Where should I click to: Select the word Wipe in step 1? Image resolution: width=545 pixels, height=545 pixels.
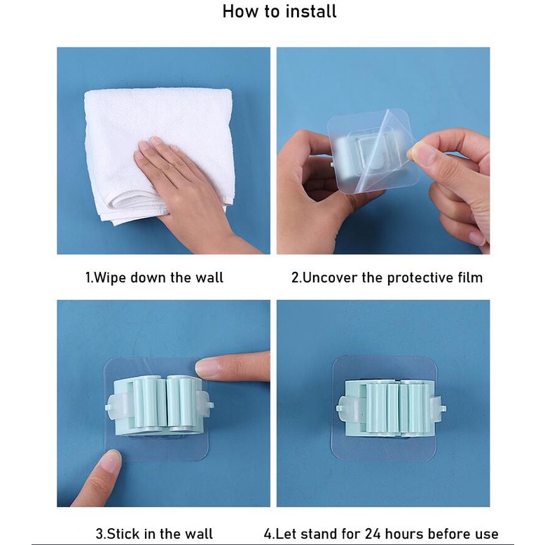coord(110,278)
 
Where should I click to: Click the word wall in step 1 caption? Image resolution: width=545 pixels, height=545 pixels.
coord(209,277)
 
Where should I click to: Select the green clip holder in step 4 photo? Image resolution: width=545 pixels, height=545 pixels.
coord(392,409)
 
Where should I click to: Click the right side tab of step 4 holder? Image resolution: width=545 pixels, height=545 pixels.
coord(438,408)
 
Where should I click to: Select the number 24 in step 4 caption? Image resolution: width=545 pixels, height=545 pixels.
coord(373,534)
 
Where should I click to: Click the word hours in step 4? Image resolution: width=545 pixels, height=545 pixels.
coord(404,534)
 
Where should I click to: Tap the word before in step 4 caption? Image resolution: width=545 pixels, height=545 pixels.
coord(447,534)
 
